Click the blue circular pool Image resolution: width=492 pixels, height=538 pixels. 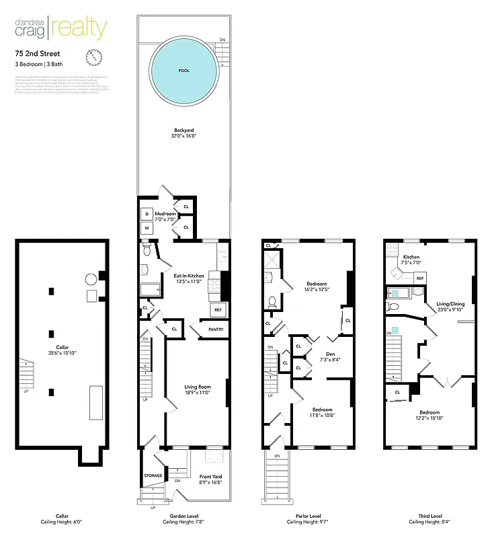click(x=184, y=70)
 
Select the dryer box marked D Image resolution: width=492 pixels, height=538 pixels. click(x=147, y=214)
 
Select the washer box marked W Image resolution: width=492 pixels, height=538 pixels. click(x=147, y=228)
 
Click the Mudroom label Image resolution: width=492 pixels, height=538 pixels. click(x=165, y=213)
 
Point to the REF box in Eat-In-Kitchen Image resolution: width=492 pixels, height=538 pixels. click(x=218, y=310)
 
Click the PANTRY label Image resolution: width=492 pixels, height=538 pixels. click(x=216, y=330)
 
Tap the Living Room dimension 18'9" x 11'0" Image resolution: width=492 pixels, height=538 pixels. click(x=198, y=393)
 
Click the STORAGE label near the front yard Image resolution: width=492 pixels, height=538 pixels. click(x=153, y=476)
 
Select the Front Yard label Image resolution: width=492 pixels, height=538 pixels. click(x=210, y=477)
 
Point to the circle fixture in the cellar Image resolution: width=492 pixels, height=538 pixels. click(x=89, y=279)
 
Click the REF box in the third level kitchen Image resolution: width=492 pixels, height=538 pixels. click(x=420, y=277)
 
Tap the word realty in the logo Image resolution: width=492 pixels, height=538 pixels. click(x=83, y=28)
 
